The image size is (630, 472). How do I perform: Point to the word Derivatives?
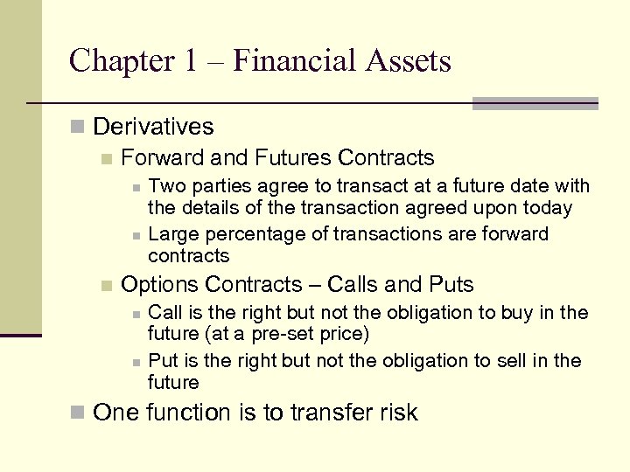pyautogui.click(x=152, y=127)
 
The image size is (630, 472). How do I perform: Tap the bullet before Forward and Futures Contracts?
pyautogui.click(x=107, y=159)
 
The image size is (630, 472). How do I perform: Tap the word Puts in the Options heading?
pyautogui.click(x=451, y=285)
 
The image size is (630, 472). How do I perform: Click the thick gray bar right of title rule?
pyautogui.click(x=535, y=103)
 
